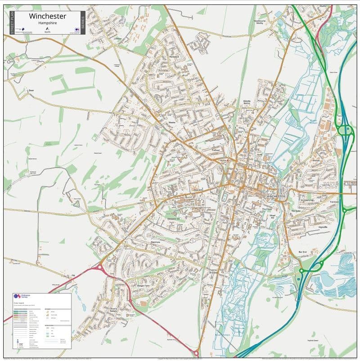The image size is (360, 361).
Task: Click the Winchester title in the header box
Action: (47, 16)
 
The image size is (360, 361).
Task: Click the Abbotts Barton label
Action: (247, 103)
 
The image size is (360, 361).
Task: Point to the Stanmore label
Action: (155, 243)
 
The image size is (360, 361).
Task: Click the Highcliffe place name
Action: (323, 227)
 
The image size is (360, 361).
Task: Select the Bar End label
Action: (302, 252)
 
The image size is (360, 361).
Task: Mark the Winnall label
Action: (315, 159)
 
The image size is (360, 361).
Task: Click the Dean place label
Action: (31, 90)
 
